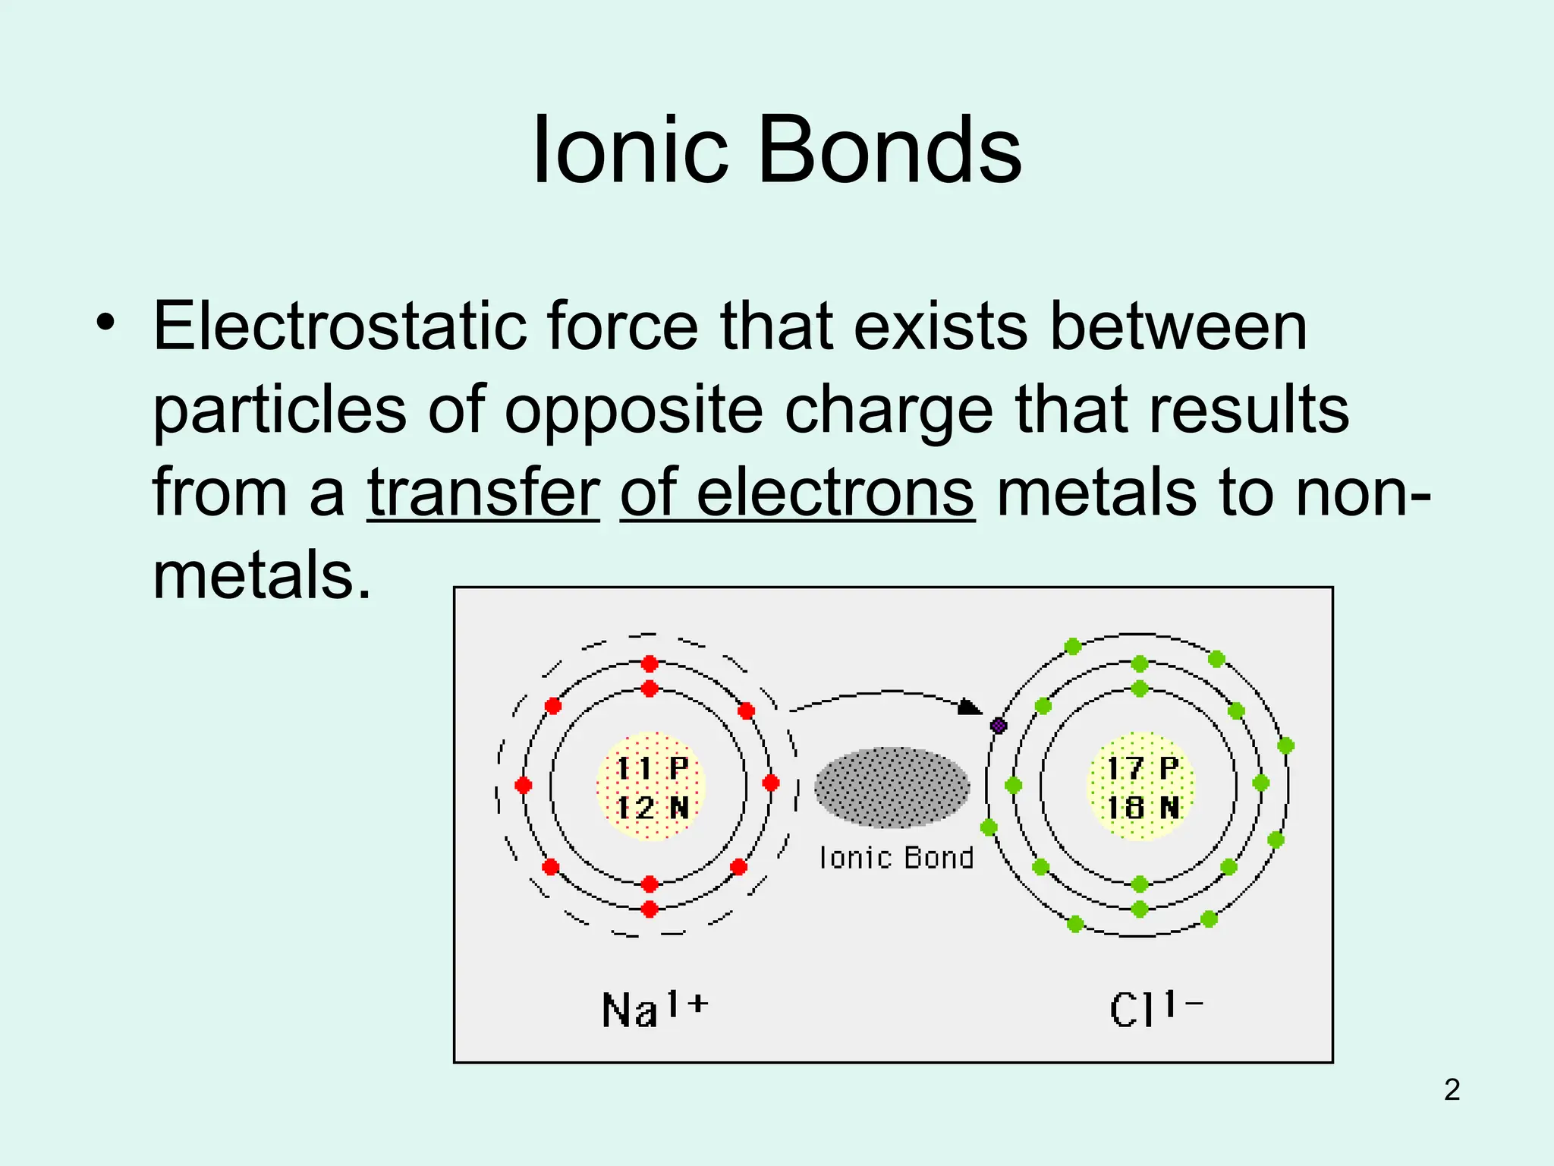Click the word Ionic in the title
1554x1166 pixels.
pyautogui.click(x=630, y=150)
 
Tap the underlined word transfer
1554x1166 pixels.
pyautogui.click(x=483, y=493)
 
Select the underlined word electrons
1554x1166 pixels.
pyautogui.click(x=835, y=493)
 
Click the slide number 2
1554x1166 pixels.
pyautogui.click(x=1452, y=1090)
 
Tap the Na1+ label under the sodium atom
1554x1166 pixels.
pyautogui.click(x=654, y=1009)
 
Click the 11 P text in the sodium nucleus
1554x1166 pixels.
pyautogui.click(x=651, y=768)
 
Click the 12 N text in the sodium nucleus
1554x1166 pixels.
pyautogui.click(x=651, y=808)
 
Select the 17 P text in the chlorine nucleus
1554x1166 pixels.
pyautogui.click(x=1142, y=768)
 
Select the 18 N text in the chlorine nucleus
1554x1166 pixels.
pyautogui.click(x=1142, y=808)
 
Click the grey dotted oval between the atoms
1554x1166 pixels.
pyautogui.click(x=892, y=787)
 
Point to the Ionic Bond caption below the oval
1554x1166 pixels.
pyautogui.click(x=896, y=858)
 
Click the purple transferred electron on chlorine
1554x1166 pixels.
pyautogui.click(x=999, y=726)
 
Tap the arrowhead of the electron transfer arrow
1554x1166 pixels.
pyautogui.click(x=969, y=707)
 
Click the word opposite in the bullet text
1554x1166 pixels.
pyautogui.click(x=634, y=410)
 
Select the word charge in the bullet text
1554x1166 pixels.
pyautogui.click(x=889, y=410)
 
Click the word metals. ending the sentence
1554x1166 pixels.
pyautogui.click(x=262, y=575)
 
